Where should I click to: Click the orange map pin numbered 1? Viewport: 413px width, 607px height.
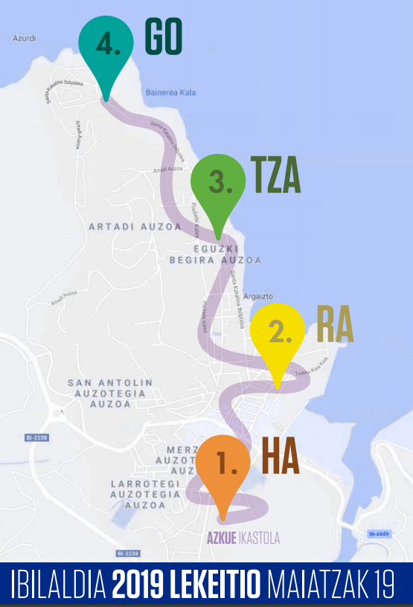(x=222, y=466)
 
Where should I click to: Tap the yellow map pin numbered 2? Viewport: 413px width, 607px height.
(x=277, y=334)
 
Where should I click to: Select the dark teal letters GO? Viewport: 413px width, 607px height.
(x=163, y=37)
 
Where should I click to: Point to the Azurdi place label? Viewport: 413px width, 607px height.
(x=25, y=37)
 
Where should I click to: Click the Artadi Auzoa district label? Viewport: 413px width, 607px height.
(x=135, y=226)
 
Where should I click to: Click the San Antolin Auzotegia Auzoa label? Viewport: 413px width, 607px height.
(x=110, y=394)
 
